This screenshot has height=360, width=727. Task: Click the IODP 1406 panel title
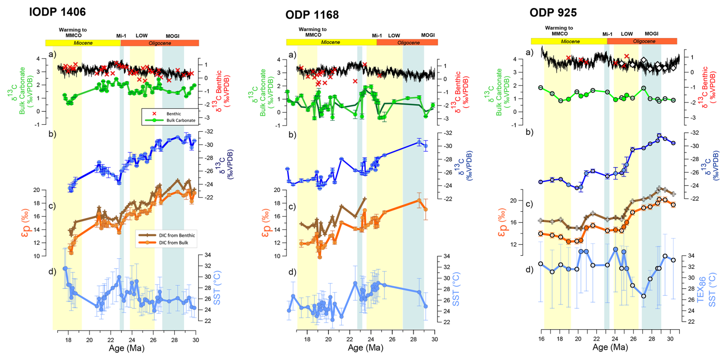pyautogui.click(x=57, y=12)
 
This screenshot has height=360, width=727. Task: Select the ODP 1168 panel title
pyautogui.click(x=312, y=15)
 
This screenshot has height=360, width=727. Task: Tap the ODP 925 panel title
pyautogui.click(x=553, y=13)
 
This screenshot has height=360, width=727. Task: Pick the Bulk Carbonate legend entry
pyautogui.click(x=181, y=120)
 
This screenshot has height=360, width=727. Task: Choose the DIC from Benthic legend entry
pyautogui.click(x=177, y=235)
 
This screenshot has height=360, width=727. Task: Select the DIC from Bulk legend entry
pyautogui.click(x=173, y=242)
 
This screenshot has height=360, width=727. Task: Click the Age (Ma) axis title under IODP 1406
pyautogui.click(x=126, y=348)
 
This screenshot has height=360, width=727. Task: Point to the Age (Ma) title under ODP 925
pyautogui.click(x=610, y=347)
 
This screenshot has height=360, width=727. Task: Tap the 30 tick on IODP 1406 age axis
pyautogui.click(x=196, y=340)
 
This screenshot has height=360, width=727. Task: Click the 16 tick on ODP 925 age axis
pyautogui.click(x=541, y=339)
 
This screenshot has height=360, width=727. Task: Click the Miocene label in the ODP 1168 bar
pyautogui.click(x=330, y=42)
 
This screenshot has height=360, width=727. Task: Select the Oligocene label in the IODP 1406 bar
pyautogui.click(x=160, y=43)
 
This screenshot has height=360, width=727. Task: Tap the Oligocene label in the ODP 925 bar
pyautogui.click(x=644, y=41)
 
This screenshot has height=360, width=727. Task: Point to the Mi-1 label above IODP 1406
pyautogui.click(x=121, y=36)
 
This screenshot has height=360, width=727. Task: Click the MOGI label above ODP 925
pyautogui.click(x=651, y=34)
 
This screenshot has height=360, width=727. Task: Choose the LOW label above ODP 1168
pyautogui.click(x=394, y=35)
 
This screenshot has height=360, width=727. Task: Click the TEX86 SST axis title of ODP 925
pyautogui.click(x=706, y=289)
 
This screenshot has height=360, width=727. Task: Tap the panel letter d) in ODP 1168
pyautogui.click(x=292, y=272)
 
